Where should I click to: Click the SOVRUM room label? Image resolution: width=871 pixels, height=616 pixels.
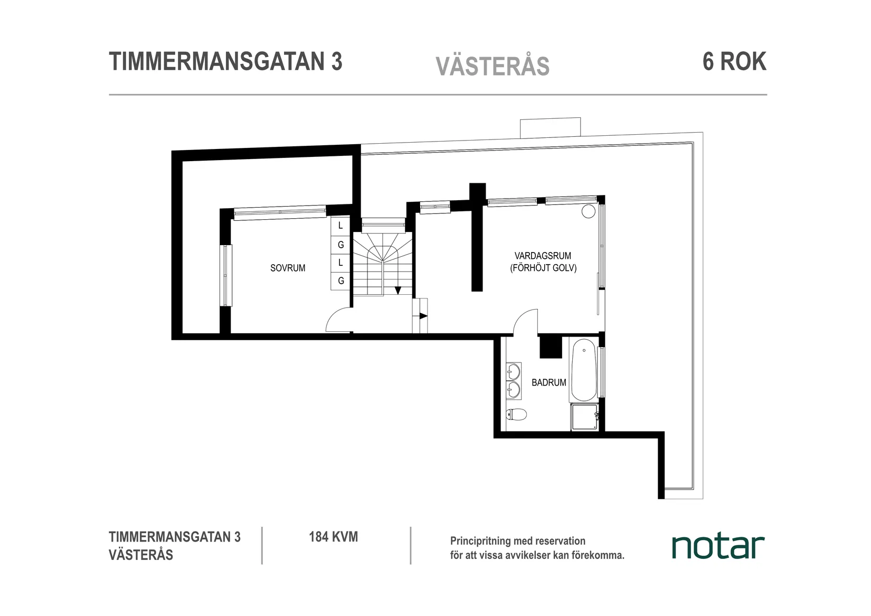click(x=288, y=268)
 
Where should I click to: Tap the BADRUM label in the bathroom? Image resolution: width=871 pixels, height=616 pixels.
click(x=548, y=382)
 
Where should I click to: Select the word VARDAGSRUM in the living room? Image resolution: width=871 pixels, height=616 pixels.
click(x=543, y=256)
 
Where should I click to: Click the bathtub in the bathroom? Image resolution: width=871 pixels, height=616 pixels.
click(x=583, y=370)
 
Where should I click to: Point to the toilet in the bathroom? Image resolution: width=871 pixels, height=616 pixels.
click(x=516, y=414)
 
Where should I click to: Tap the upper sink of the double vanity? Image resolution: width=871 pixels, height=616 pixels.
click(x=513, y=372)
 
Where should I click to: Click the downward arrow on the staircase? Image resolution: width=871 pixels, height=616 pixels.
click(x=397, y=290)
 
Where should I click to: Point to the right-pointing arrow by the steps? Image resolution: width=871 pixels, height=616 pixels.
click(x=423, y=316)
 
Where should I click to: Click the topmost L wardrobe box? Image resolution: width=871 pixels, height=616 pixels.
click(x=340, y=226)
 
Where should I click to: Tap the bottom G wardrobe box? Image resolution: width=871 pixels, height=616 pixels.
click(x=340, y=281)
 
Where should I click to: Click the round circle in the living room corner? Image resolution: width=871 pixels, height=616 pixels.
click(x=588, y=212)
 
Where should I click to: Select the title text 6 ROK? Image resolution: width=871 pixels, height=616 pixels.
click(x=734, y=62)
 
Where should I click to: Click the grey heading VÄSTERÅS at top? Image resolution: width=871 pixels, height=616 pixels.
click(x=493, y=67)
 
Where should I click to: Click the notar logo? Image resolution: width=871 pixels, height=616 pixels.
click(x=718, y=547)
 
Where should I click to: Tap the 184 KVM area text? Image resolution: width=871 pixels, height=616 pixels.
click(x=333, y=537)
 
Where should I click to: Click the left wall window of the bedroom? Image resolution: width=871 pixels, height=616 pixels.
click(x=226, y=275)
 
